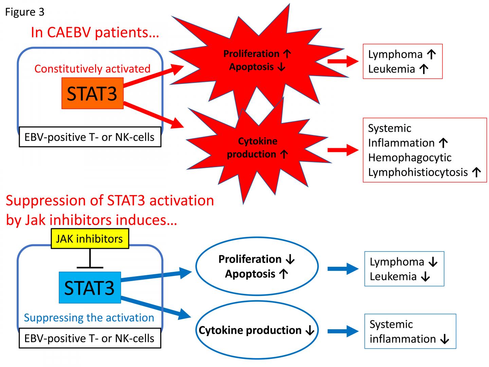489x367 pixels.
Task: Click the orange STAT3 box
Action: click(92, 93)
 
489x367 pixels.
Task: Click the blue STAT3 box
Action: click(90, 287)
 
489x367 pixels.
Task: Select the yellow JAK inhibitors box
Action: click(90, 239)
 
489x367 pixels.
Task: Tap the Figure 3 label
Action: click(24, 12)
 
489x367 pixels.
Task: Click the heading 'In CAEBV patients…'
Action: click(95, 33)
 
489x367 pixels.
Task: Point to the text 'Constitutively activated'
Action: click(92, 69)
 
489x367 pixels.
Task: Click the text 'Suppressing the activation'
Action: click(89, 318)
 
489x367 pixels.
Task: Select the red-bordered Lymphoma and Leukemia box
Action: click(402, 62)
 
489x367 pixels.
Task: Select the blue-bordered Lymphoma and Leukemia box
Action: click(404, 269)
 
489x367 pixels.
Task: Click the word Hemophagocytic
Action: click(410, 158)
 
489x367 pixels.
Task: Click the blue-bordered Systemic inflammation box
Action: click(410, 331)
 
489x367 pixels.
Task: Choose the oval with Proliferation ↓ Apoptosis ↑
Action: click(257, 266)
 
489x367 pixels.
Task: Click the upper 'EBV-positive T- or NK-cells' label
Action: click(90, 137)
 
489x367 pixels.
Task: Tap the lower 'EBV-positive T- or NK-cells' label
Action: click(90, 338)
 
